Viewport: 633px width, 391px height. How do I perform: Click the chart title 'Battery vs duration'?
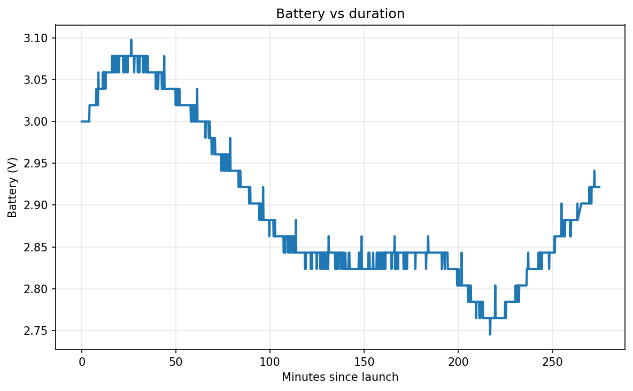click(340, 14)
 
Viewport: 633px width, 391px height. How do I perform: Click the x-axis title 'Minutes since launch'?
click(340, 377)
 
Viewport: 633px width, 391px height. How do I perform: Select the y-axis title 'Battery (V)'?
click(13, 187)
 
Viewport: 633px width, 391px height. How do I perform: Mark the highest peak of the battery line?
click(131, 40)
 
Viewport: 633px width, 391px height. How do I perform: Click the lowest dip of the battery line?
click(490, 334)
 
